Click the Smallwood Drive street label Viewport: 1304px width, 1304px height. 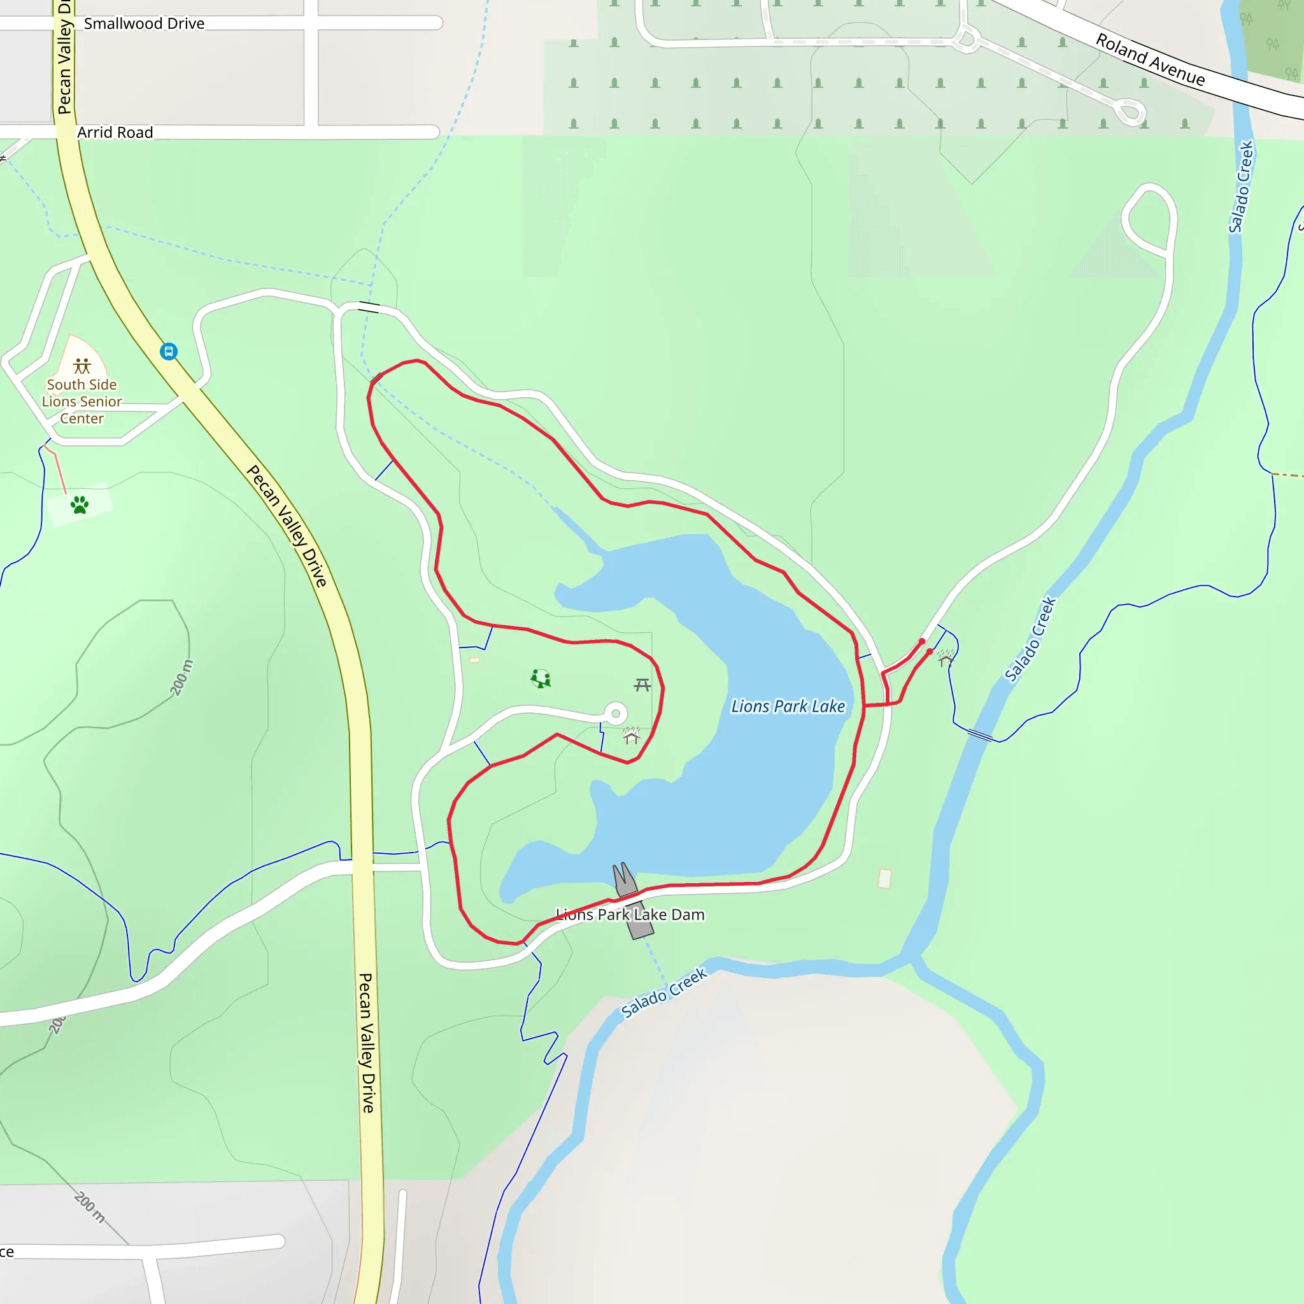[144, 24]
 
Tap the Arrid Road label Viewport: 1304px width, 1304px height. [115, 132]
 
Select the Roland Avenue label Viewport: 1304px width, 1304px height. [1149, 59]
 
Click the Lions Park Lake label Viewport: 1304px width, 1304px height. [788, 706]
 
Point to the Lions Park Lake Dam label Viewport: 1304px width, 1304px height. [630, 914]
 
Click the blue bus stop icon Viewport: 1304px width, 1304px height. [169, 351]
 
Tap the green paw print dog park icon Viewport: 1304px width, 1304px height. [80, 505]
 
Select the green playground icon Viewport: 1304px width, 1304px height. [541, 678]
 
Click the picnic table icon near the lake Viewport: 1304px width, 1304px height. [642, 686]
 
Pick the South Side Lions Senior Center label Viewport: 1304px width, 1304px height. [81, 402]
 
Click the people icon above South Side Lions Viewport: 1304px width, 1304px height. [82, 366]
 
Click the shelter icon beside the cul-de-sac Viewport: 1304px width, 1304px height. [631, 735]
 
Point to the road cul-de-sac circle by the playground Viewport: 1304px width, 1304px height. [615, 712]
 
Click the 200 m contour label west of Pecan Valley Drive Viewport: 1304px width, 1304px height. [181, 677]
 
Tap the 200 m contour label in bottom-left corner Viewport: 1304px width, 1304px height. [89, 1207]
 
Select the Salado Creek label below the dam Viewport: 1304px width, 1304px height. [663, 992]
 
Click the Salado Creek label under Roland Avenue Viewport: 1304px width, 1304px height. [1240, 187]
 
